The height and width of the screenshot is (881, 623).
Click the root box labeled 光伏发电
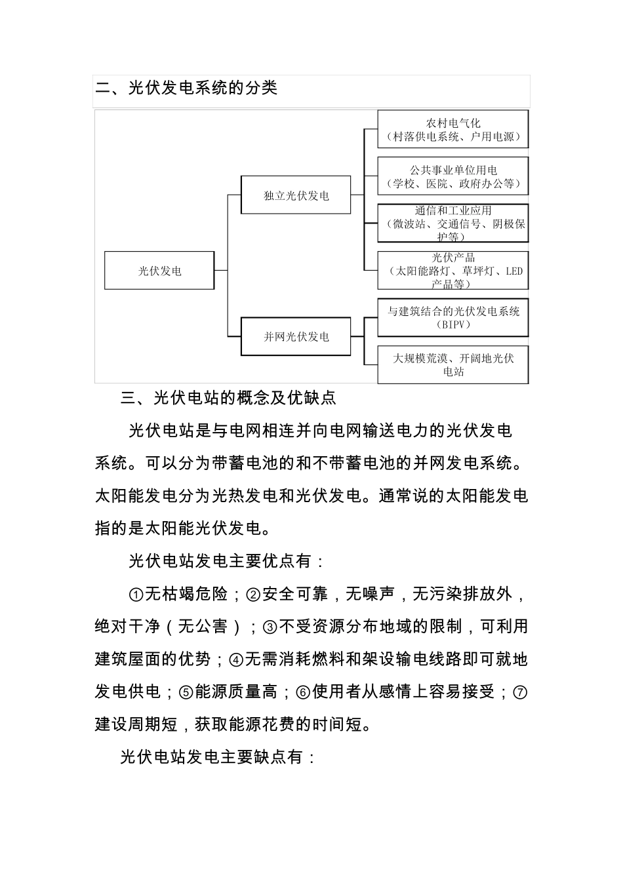(159, 271)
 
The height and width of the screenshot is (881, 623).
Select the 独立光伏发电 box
(296, 195)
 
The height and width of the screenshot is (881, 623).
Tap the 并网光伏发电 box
(296, 337)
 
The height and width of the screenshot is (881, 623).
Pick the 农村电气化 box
(452, 130)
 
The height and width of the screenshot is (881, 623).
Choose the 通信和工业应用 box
(452, 224)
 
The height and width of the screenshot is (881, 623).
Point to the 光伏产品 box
(452, 271)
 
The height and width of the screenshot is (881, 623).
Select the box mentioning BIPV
(452, 318)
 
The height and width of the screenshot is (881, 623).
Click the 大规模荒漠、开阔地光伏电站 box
(452, 365)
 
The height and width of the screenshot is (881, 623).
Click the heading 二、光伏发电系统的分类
(187, 88)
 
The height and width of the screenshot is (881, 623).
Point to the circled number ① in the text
(136, 595)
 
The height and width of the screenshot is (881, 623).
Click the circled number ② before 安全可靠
(253, 595)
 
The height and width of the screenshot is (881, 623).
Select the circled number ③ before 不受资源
(270, 627)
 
